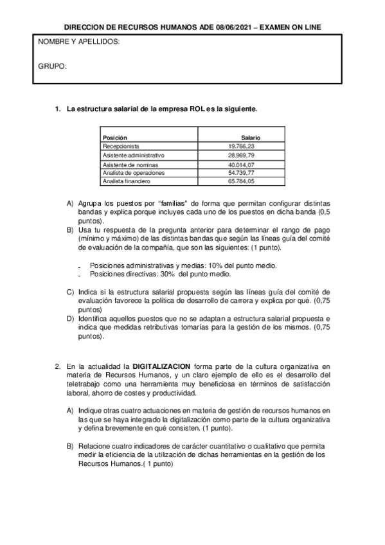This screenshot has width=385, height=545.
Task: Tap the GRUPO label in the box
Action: (53, 66)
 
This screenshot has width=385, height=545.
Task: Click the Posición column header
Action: (115, 138)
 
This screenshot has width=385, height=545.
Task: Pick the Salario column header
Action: (251, 138)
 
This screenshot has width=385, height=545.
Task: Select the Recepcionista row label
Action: (121, 147)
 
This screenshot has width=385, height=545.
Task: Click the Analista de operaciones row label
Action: (134, 173)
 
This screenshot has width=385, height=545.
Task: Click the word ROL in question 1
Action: (197, 109)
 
